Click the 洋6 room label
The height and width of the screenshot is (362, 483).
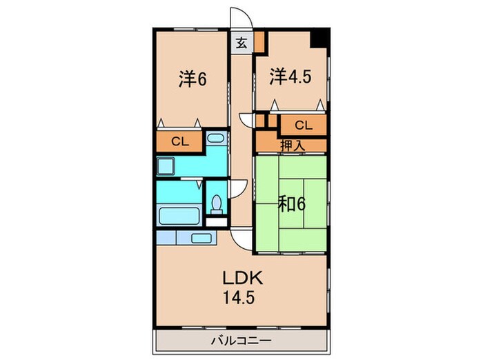(x=193, y=79)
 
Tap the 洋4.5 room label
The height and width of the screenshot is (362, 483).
(x=290, y=76)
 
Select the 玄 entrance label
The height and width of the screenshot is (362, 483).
(x=242, y=43)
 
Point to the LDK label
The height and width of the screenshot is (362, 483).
(x=241, y=279)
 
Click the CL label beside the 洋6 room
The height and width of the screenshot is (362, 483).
(x=179, y=142)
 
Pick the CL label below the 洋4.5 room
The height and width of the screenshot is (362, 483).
(x=303, y=125)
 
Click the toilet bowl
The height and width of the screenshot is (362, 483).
(x=216, y=203)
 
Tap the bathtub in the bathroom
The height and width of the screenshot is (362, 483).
(x=179, y=214)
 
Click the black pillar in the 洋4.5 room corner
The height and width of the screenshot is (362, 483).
(x=319, y=39)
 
